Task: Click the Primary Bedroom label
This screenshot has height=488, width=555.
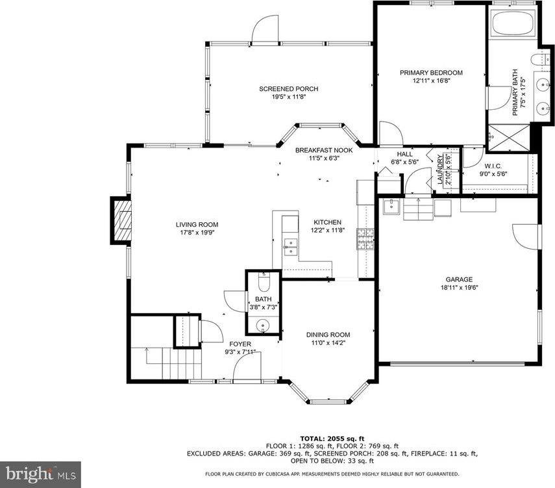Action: tap(431, 73)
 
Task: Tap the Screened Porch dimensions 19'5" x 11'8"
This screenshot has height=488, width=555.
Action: tap(289, 97)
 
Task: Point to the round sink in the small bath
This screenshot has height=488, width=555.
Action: tap(263, 324)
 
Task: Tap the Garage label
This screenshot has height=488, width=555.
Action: tap(459, 279)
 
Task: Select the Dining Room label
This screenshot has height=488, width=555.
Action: tap(328, 335)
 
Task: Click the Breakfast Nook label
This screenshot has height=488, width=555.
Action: tap(324, 150)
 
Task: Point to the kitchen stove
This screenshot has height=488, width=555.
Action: tap(362, 240)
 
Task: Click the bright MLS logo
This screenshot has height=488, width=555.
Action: tap(40, 474)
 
